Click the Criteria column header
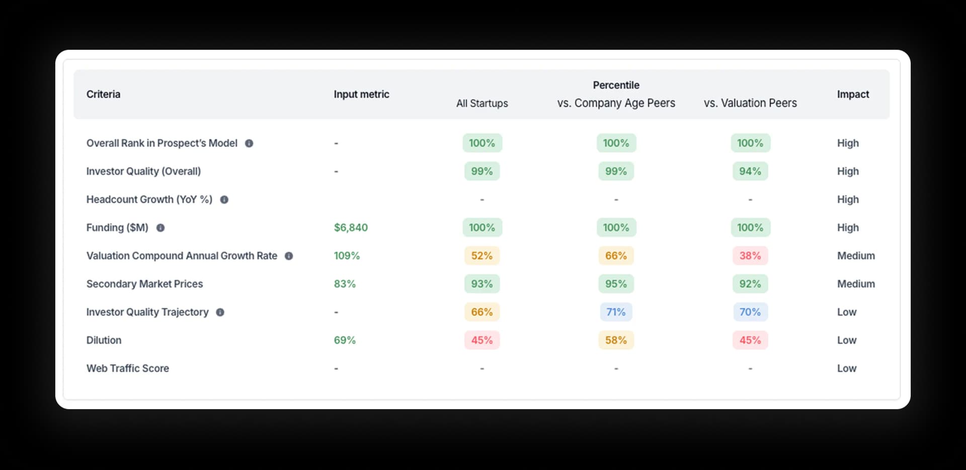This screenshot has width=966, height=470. (103, 94)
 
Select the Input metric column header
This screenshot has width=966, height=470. (361, 94)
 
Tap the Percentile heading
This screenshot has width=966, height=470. (616, 85)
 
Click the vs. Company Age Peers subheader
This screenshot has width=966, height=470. (616, 103)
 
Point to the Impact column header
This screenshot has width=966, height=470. (853, 94)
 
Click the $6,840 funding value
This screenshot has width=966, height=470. (351, 227)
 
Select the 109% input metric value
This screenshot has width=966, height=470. (347, 256)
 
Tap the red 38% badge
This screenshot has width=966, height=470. (750, 256)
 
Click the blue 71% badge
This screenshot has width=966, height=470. (616, 312)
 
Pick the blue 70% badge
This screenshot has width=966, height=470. (750, 312)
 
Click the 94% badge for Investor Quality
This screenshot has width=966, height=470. (750, 171)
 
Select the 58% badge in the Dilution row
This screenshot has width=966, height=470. (616, 340)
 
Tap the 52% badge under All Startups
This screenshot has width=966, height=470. (481, 256)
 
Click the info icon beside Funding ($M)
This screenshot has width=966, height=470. (160, 228)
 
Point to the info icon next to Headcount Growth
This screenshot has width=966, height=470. (224, 200)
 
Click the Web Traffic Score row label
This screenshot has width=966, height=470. (127, 368)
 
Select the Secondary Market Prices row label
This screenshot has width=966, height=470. (144, 284)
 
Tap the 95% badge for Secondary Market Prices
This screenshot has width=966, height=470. (616, 284)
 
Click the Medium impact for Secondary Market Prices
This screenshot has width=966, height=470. (855, 284)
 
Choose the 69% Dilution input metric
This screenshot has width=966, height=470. (345, 340)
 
